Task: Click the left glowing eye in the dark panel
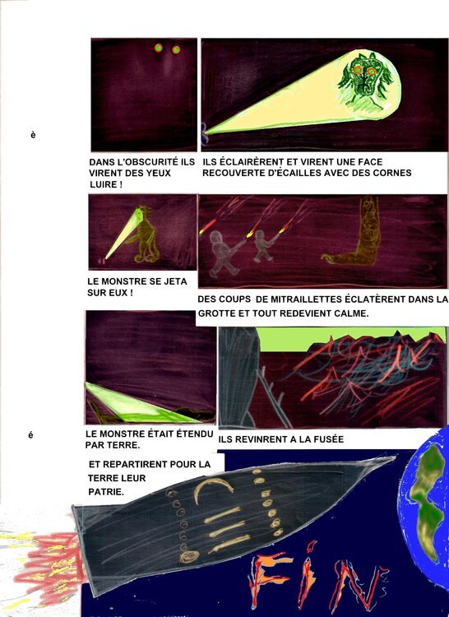159,49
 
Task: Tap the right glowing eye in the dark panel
176,50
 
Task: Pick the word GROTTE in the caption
220,313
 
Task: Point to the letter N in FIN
354,586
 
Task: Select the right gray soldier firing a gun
262,245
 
